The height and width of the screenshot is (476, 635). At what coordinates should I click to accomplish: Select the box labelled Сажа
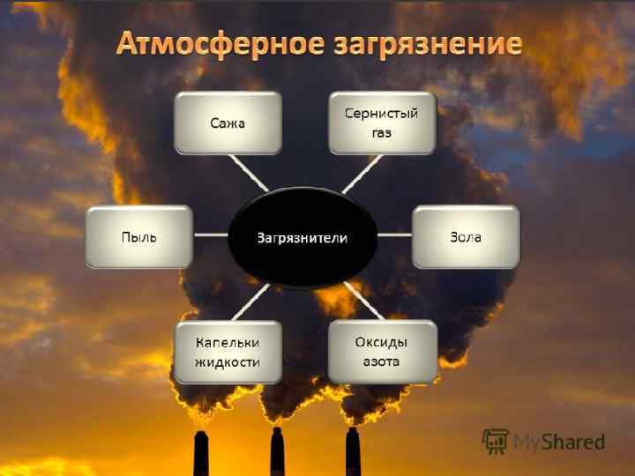click(x=228, y=123)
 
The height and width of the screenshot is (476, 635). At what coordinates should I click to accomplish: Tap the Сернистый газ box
click(x=382, y=123)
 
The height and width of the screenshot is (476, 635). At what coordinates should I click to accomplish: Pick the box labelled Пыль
click(x=138, y=237)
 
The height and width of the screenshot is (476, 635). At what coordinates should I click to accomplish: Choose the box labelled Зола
click(x=466, y=237)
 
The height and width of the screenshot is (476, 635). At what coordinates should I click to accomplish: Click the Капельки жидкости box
click(x=228, y=352)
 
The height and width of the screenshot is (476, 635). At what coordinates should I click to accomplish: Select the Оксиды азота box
click(x=382, y=352)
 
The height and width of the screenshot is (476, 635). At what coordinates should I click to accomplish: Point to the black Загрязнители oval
click(x=303, y=237)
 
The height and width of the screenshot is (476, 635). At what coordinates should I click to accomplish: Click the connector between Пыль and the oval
click(x=210, y=236)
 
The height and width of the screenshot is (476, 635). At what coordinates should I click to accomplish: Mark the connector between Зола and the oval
click(x=395, y=236)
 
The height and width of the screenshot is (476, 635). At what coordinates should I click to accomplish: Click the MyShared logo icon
click(x=495, y=441)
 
